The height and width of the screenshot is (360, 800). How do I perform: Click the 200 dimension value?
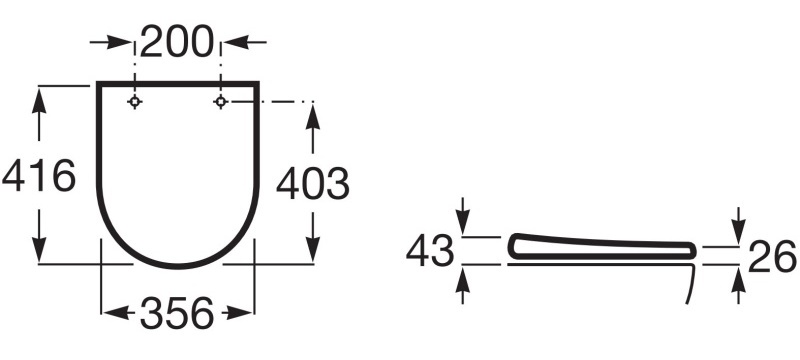[x=177, y=42]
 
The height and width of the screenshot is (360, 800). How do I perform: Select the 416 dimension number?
[x=39, y=176]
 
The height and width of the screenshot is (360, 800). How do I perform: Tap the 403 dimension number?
[x=313, y=184]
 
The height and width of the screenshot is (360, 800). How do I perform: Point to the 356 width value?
[x=177, y=313]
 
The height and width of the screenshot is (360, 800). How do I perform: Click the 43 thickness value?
[x=430, y=251]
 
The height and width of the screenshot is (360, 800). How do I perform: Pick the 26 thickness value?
[x=772, y=256]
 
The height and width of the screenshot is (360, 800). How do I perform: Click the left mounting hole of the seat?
[x=134, y=102]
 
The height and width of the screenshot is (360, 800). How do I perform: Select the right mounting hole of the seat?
[x=220, y=102]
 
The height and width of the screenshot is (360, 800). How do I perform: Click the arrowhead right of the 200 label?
[x=236, y=42]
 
